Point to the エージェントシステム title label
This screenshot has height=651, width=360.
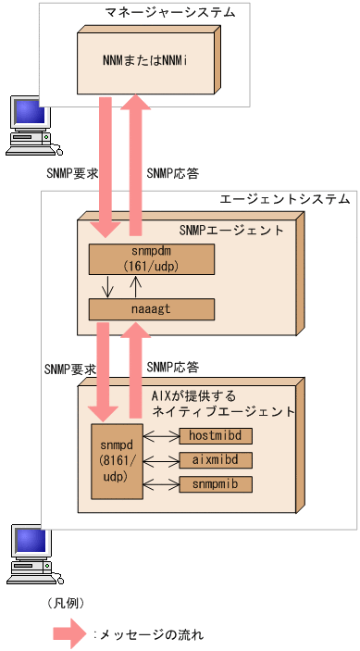284,199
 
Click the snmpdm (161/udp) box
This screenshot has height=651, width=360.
151,259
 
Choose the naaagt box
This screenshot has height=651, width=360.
151,308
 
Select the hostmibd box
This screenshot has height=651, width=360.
215,436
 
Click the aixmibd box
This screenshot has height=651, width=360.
215,460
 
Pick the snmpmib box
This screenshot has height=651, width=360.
215,484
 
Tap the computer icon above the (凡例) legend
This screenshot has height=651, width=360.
28,556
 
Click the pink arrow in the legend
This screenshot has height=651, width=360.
68,634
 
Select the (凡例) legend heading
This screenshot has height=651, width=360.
65,603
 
